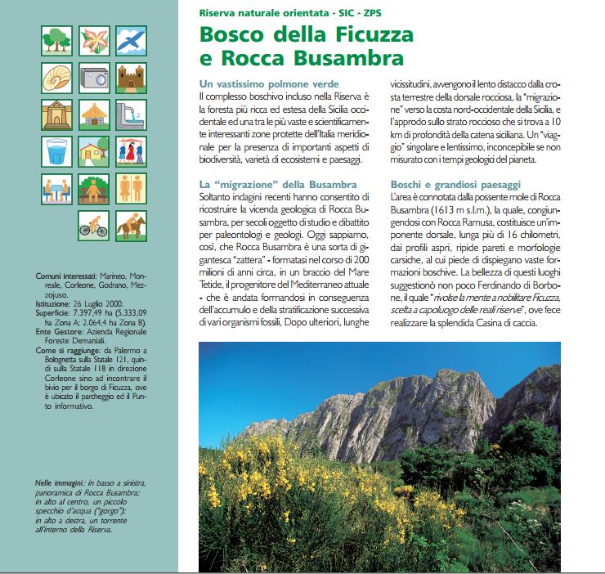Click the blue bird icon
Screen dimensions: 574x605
click(131, 40)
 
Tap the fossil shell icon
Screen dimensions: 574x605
click(57, 77)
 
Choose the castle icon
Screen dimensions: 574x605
click(131, 77)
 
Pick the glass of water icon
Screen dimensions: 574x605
click(57, 150)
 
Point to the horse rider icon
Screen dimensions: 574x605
click(131, 222)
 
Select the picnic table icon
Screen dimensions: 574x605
click(57, 187)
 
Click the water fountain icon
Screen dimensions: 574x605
click(131, 114)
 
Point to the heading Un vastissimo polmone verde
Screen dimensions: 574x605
click(269, 85)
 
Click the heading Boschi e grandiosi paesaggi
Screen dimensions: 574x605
click(455, 185)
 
